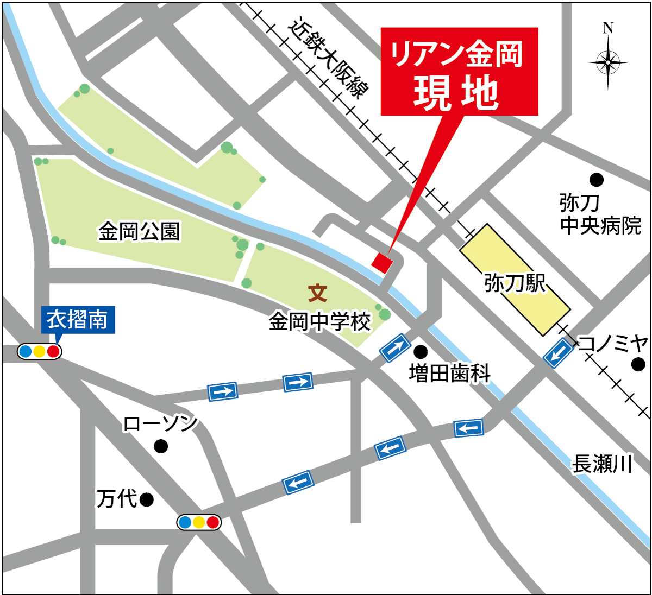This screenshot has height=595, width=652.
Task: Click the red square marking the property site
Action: pos(382,263)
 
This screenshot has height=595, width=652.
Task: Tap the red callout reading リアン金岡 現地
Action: pos(459,72)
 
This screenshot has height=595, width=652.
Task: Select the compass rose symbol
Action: pos(608,62)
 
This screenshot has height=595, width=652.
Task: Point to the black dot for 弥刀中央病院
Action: pos(597,179)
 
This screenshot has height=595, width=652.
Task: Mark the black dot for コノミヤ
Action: pos(638,364)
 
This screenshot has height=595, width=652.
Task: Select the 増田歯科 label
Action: pos(450,374)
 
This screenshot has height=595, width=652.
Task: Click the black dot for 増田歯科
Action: pos(420,351)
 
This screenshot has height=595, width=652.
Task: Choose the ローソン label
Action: pos(160,424)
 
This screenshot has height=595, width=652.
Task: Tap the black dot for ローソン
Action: pos(161,446)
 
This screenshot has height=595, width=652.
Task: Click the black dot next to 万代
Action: pos(146,499)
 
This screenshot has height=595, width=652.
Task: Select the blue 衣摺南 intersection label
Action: pos(78,320)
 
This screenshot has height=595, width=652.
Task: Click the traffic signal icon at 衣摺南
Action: pos(39,352)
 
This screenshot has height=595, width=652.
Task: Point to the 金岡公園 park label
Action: pos(139,232)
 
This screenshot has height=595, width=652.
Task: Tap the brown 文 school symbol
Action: pos(318,293)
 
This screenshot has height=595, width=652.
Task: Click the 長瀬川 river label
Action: pos(602,464)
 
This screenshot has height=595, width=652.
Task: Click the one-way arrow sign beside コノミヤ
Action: pos(559,353)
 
